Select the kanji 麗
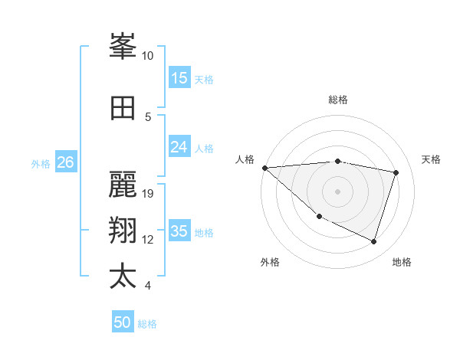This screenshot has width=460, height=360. [123, 185]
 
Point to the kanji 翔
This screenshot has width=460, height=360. [123, 231]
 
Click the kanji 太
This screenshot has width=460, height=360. [123, 277]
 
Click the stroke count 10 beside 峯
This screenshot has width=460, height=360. [148, 56]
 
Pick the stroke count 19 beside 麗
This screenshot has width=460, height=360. [148, 193]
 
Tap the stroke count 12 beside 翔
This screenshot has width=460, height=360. [148, 240]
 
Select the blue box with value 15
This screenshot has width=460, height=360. [179, 78]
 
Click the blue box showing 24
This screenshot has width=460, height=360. [179, 147]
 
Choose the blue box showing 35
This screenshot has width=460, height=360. [179, 231]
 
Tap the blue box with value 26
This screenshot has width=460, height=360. [65, 162]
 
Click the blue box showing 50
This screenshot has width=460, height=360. [123, 322]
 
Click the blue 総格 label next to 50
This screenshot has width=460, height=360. [147, 324]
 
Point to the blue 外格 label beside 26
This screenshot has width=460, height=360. [41, 163]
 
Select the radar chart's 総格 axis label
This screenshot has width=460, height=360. [337, 100]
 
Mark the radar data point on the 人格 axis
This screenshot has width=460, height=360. [264, 168]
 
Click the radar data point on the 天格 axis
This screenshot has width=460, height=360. [396, 172]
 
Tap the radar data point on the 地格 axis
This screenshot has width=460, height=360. [373, 241]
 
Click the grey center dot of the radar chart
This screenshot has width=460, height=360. [337, 191]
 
